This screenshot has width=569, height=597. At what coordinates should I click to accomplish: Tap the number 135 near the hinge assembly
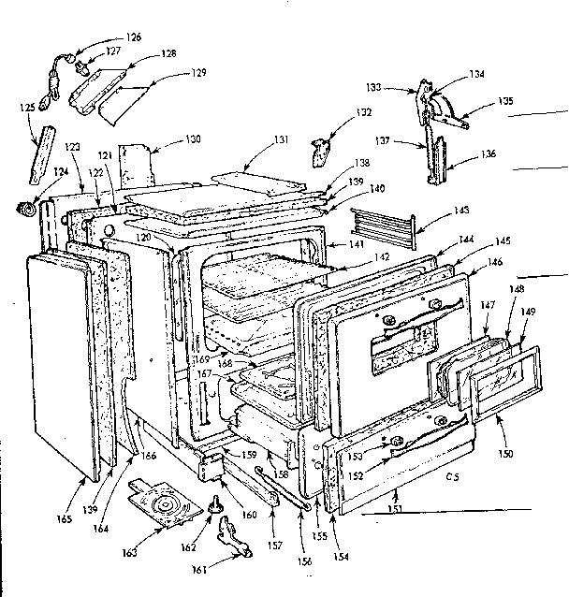click(504, 101)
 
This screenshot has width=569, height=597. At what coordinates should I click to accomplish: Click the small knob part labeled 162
click(214, 506)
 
